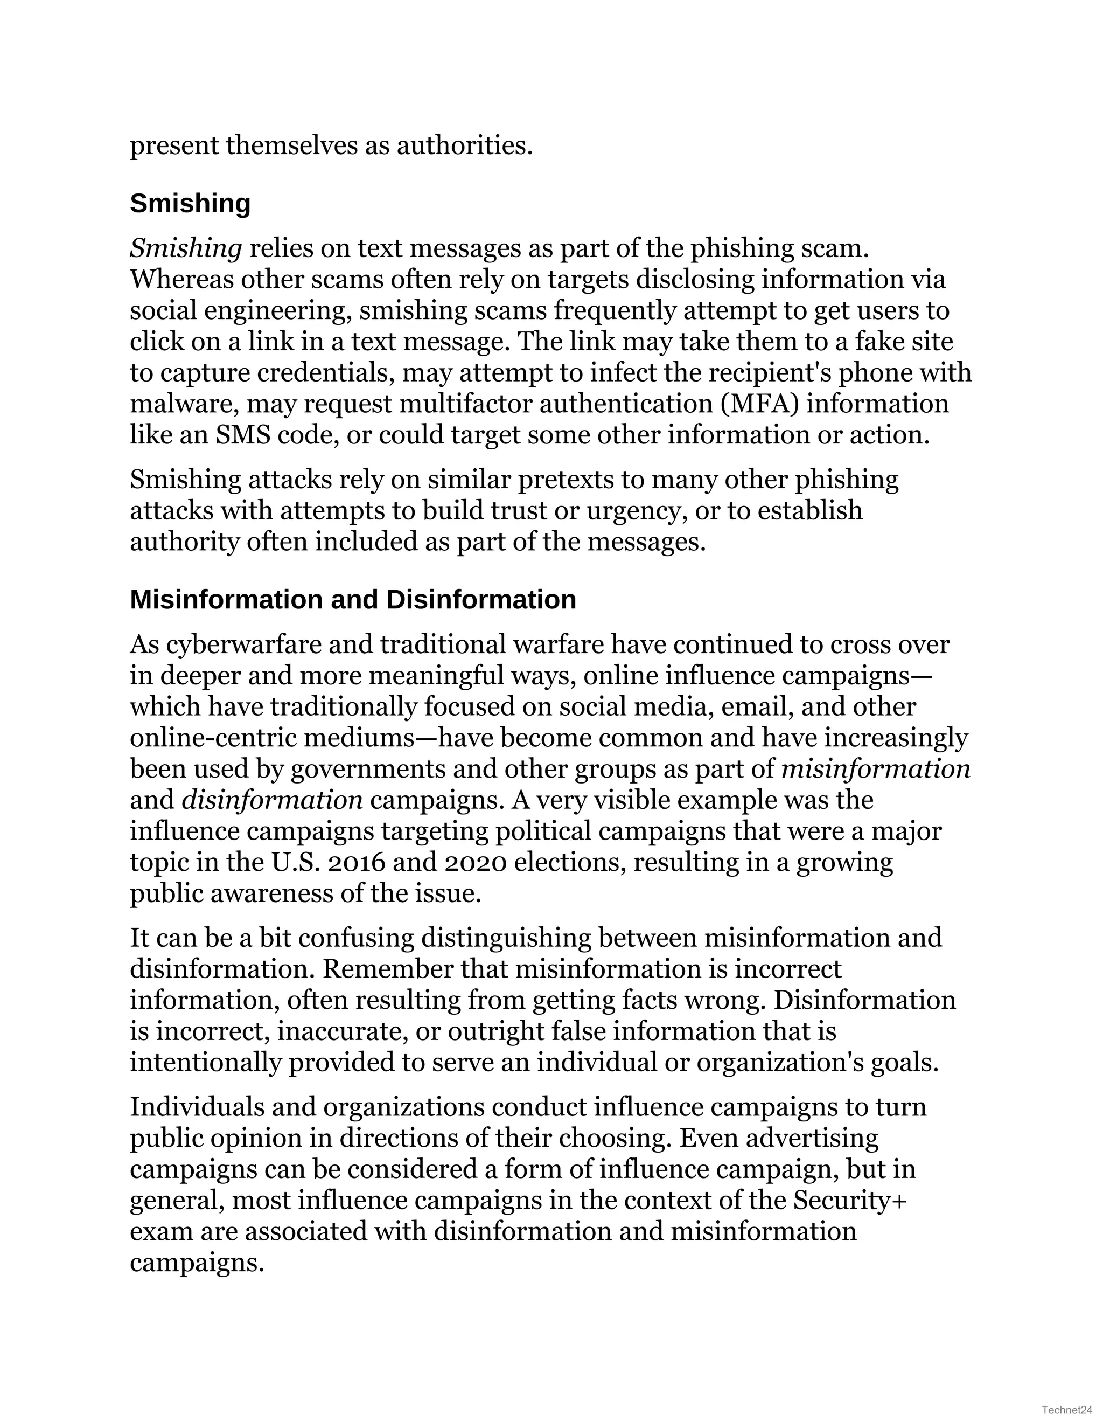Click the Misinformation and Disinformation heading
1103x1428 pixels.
click(x=353, y=600)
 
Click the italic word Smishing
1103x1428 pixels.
click(x=186, y=248)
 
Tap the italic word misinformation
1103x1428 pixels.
click(x=876, y=769)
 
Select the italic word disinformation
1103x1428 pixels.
click(x=272, y=800)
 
